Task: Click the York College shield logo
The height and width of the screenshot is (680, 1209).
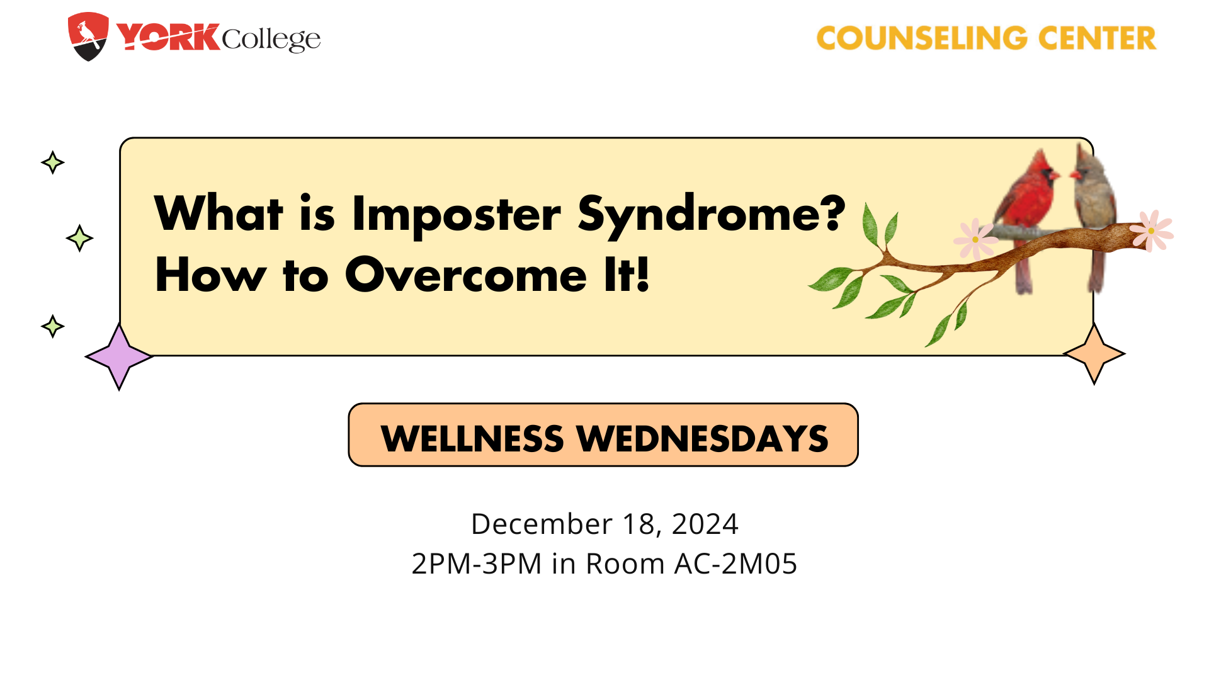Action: pyautogui.click(x=88, y=37)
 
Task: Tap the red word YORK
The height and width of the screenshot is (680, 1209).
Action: pyautogui.click(x=168, y=37)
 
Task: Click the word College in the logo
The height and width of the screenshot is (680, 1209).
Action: pyautogui.click(x=271, y=40)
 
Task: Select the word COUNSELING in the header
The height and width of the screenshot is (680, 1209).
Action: pyautogui.click(x=922, y=38)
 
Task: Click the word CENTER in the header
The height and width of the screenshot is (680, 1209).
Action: pyautogui.click(x=1097, y=38)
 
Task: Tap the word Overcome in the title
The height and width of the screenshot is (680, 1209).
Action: pyautogui.click(x=466, y=275)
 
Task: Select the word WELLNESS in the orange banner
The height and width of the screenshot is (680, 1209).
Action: pyautogui.click(x=472, y=438)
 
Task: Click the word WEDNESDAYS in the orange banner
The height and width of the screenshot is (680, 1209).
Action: pyautogui.click(x=703, y=438)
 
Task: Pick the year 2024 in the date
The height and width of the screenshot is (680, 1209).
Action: pyautogui.click(x=705, y=524)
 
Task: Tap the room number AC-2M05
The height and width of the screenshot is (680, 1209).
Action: pyautogui.click(x=735, y=564)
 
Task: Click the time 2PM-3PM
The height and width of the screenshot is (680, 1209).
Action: pyautogui.click(x=477, y=564)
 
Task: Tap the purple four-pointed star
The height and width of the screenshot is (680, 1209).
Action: pyautogui.click(x=119, y=356)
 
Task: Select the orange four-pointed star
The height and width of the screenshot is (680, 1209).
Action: pyautogui.click(x=1094, y=353)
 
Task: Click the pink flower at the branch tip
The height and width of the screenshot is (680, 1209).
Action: pyautogui.click(x=1151, y=230)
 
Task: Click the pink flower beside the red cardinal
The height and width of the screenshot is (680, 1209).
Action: pyautogui.click(x=975, y=239)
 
